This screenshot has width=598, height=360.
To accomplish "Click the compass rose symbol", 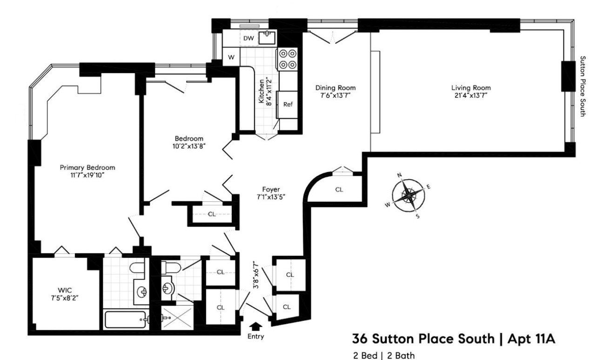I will click(408, 195).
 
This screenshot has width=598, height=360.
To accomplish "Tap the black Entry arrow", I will click(255, 326).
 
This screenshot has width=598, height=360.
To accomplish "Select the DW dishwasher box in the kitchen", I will click(249, 39).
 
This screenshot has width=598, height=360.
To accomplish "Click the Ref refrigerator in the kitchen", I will click(288, 104).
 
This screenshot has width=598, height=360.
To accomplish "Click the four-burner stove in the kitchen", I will click(288, 59).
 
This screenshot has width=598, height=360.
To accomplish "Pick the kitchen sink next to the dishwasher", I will click(268, 37).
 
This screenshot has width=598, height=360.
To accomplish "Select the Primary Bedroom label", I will click(87, 167).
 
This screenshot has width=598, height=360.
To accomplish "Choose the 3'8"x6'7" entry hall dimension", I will click(255, 275).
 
